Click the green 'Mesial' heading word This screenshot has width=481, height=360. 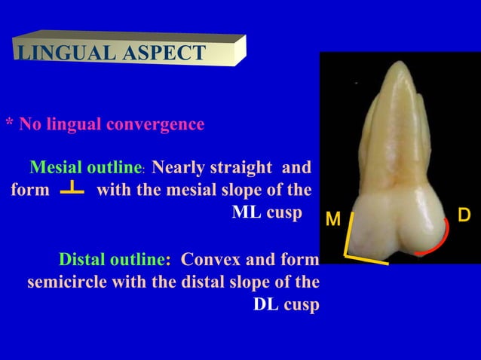pyautogui.click(x=57, y=166)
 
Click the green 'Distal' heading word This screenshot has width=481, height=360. pyautogui.click(x=83, y=261)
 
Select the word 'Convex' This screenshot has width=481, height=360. pyautogui.click(x=209, y=261)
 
